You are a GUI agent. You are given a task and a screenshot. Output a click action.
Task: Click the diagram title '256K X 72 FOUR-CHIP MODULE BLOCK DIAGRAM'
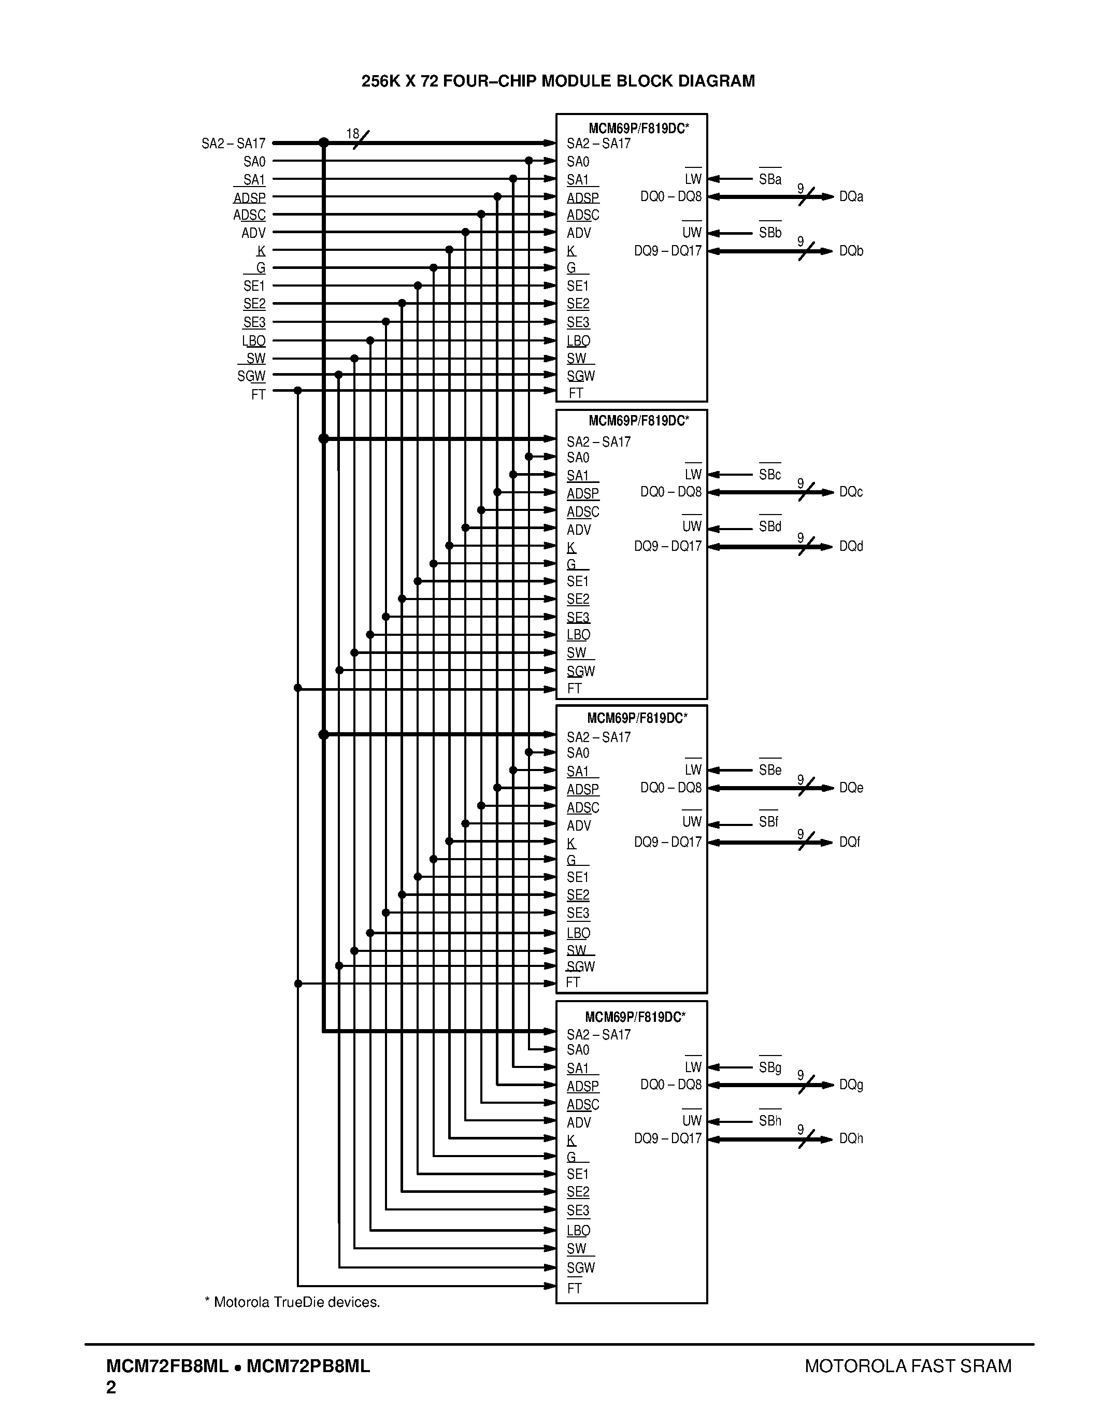tap(557, 81)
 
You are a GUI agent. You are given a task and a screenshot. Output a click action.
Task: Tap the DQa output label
tap(851, 196)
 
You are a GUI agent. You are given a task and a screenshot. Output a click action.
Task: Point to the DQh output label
tap(851, 1138)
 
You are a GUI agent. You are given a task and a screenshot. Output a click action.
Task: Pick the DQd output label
tap(851, 546)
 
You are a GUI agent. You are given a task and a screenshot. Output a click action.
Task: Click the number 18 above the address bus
tap(352, 134)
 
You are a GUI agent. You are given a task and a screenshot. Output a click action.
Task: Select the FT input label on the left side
tap(259, 394)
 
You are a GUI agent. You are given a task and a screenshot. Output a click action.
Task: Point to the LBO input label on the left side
tap(254, 340)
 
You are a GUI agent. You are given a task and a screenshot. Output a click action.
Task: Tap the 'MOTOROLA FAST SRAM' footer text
tap(908, 1365)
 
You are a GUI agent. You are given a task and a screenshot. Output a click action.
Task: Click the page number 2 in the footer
tap(111, 1387)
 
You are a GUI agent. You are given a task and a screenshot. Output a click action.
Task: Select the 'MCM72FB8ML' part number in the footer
tap(167, 1365)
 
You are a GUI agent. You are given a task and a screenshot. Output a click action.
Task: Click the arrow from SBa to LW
tap(731, 179)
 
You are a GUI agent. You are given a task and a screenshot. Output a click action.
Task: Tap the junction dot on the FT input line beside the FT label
tap(297, 390)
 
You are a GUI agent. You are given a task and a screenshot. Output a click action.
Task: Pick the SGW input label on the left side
tap(251, 376)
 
